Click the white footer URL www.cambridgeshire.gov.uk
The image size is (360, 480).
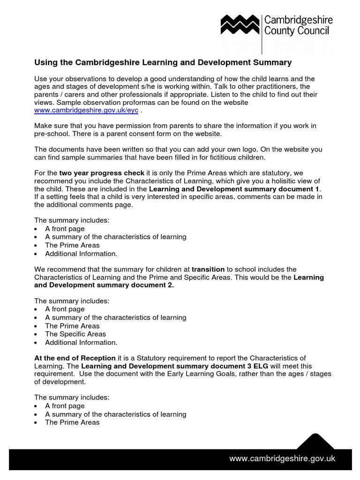tap(282, 458)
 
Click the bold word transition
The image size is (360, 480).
tap(209, 269)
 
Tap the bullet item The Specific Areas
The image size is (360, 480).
tap(75, 334)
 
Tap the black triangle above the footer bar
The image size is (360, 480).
tap(315, 441)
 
